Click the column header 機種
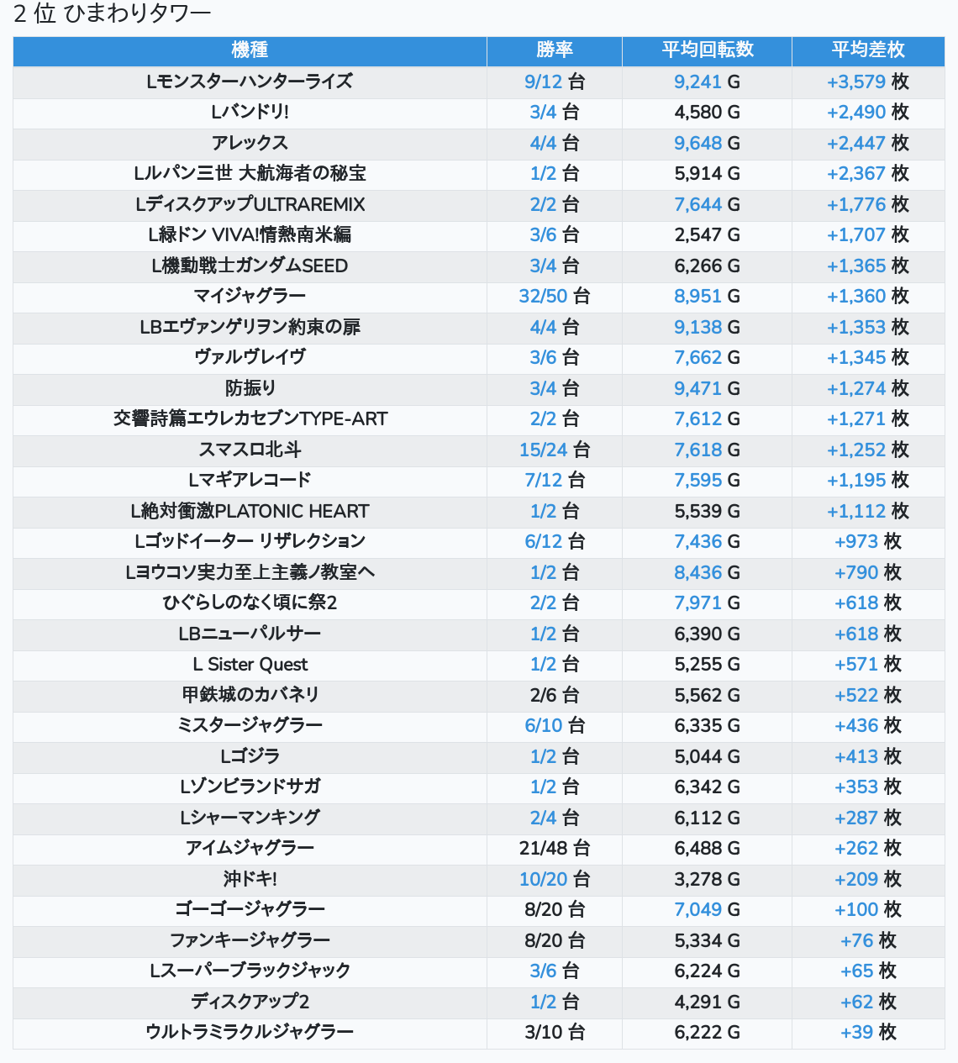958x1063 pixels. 250,50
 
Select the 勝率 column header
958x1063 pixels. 554,50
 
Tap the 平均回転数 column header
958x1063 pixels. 708,50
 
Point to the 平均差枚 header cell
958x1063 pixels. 868,50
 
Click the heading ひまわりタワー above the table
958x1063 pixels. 137,13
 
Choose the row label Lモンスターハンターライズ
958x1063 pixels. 250,82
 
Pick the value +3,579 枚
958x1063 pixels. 868,82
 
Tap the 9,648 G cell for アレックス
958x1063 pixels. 708,143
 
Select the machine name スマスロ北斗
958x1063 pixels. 250,450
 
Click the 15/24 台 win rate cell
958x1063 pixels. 554,450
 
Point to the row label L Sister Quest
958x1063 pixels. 250,665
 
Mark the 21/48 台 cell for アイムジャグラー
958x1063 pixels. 554,849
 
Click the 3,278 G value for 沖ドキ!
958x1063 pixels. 708,879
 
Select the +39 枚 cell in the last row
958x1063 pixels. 868,1032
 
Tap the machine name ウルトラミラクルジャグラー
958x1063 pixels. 250,1032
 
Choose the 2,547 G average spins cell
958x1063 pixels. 708,234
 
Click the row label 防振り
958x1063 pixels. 250,388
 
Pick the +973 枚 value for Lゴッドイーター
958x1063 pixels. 868,541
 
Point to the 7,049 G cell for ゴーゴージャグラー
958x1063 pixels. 708,910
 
